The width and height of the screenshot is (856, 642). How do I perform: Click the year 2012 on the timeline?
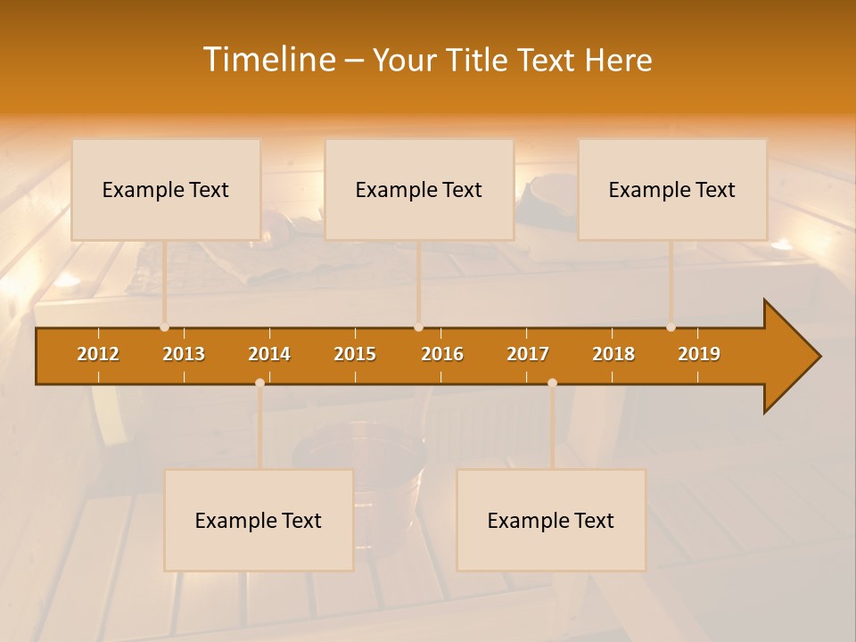pos(98,354)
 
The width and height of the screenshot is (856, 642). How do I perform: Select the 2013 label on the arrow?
pos(184,354)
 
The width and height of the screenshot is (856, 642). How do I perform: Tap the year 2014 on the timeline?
pos(269,354)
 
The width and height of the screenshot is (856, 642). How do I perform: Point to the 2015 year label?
pos(355,354)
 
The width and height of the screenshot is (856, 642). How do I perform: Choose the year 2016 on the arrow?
pos(442,354)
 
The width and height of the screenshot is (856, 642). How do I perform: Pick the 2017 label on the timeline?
pos(528,354)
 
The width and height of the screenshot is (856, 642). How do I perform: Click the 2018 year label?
pos(613,354)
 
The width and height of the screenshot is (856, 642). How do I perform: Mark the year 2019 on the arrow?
pos(699,354)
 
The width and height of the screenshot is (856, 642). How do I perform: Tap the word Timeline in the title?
pos(267,60)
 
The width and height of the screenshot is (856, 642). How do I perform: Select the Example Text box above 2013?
pos(166,190)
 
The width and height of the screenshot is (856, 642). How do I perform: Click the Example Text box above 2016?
pos(419,190)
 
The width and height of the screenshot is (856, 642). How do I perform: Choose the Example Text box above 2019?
pos(672,190)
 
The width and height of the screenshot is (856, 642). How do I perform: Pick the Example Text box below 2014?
pos(259,521)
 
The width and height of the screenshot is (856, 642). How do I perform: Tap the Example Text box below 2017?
pos(551,521)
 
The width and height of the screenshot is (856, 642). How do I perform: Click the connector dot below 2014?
pos(259,383)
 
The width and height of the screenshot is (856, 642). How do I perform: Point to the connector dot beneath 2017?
pos(552,383)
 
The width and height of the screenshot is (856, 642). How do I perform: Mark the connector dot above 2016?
pos(418,327)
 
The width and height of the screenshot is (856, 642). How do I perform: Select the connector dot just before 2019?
pos(671,327)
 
